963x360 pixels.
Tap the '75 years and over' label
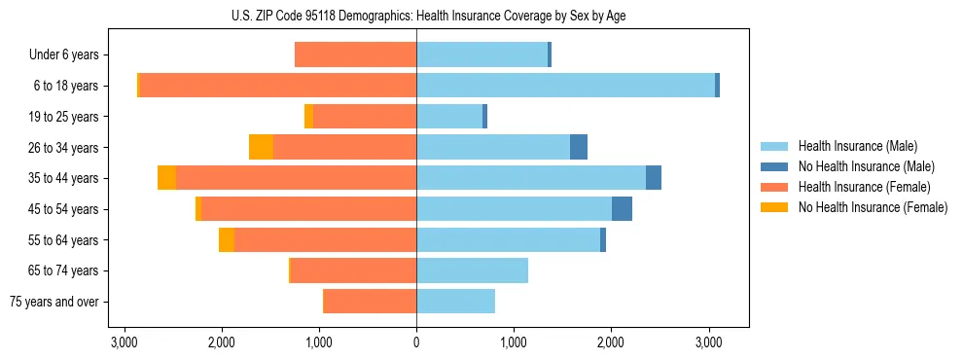click(54, 302)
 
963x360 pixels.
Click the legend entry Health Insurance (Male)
click(857, 146)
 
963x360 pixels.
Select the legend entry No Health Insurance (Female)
click(873, 207)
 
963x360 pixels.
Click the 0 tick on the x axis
click(416, 342)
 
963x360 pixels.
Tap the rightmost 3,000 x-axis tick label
click(708, 342)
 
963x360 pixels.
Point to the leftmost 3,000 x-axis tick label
click(125, 342)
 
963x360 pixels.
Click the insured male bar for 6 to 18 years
click(565, 86)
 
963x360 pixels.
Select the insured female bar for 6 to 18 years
click(278, 86)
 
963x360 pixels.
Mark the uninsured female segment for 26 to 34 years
click(261, 147)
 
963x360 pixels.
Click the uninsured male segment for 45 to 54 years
click(622, 209)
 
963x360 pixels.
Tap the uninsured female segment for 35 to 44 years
click(166, 178)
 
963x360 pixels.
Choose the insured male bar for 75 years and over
click(455, 302)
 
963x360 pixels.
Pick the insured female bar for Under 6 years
click(355, 55)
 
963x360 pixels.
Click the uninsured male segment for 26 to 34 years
click(579, 147)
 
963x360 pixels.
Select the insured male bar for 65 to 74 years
click(472, 270)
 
